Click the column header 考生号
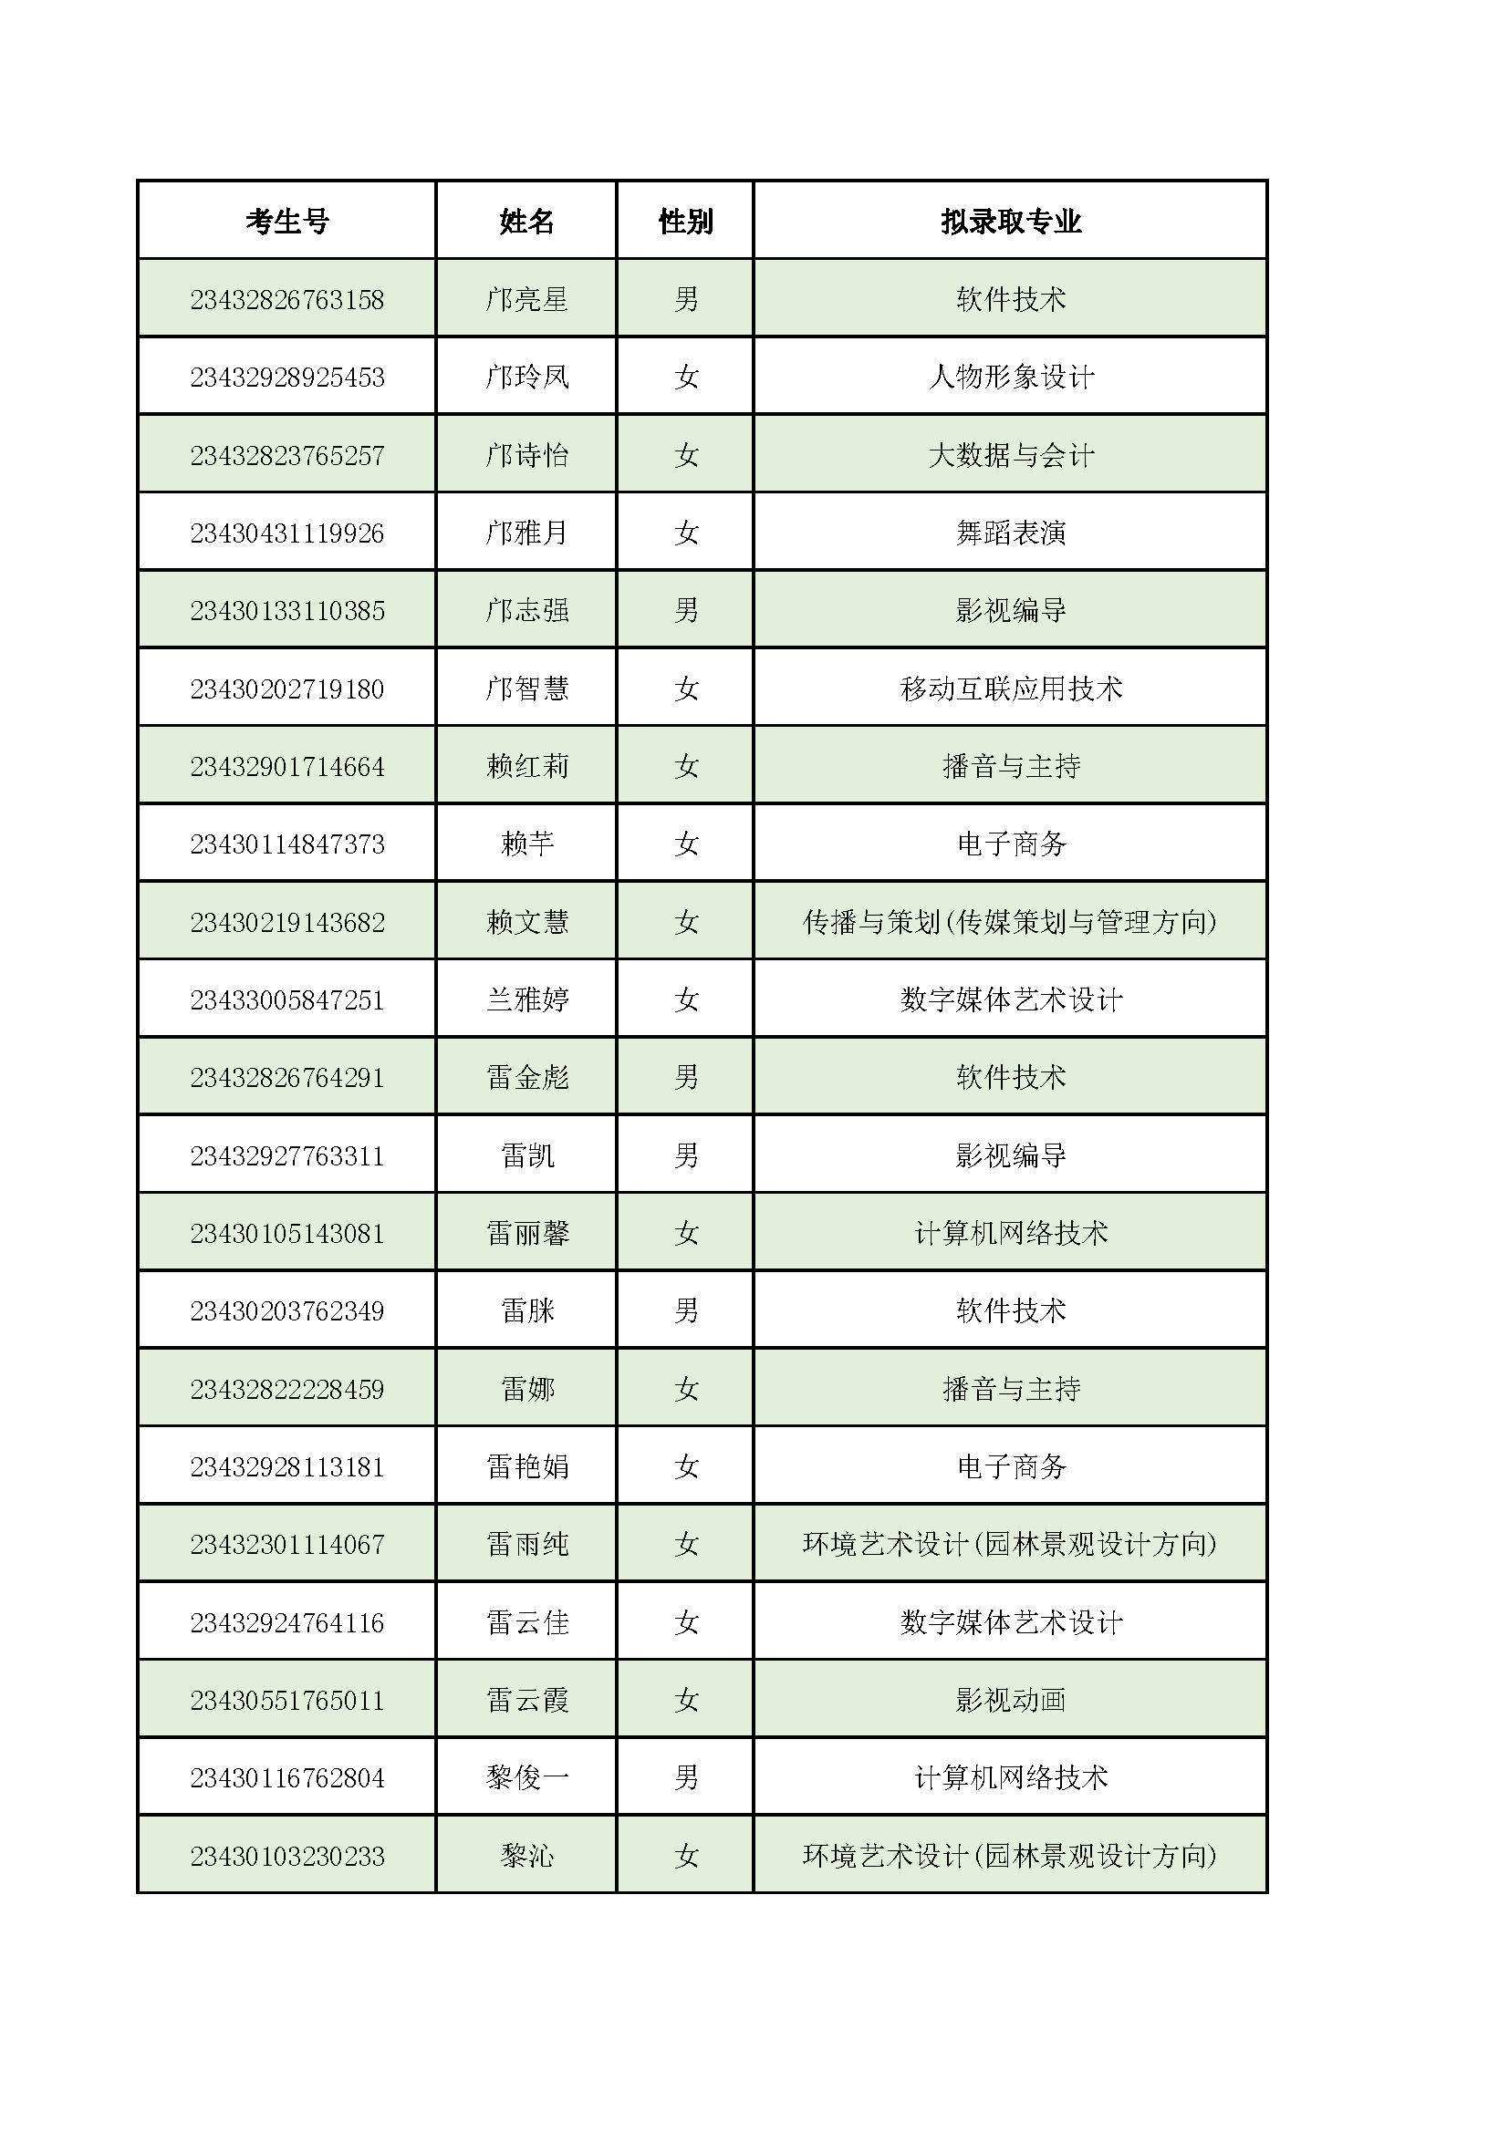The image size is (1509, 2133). pyautogui.click(x=287, y=221)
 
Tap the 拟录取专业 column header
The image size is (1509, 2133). pyautogui.click(x=1011, y=221)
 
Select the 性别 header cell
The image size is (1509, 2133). pyautogui.click(x=686, y=221)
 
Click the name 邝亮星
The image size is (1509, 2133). pyautogui.click(x=526, y=299)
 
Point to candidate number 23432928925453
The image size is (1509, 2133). pyautogui.click(x=287, y=378)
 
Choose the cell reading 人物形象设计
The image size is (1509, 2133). pyautogui.click(x=1011, y=378)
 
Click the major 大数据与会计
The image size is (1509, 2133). pyautogui.click(x=1011, y=455)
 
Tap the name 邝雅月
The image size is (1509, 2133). pyautogui.click(x=526, y=533)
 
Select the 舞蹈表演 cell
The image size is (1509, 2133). pyautogui.click(x=1011, y=533)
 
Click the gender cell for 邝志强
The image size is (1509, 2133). pyautogui.click(x=686, y=610)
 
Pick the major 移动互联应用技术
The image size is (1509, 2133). pyautogui.click(x=1011, y=689)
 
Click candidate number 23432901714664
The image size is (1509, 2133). pyautogui.click(x=287, y=766)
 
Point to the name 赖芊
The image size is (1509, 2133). pyautogui.click(x=526, y=844)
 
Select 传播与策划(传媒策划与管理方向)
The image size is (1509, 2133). pyautogui.click(x=1011, y=922)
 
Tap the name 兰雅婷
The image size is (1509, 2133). pyautogui.click(x=526, y=999)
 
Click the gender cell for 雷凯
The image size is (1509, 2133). pyautogui.click(x=686, y=1155)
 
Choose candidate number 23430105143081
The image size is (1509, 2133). pyautogui.click(x=287, y=1233)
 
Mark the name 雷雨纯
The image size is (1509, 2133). pyautogui.click(x=526, y=1544)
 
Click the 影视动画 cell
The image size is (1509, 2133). pyautogui.click(x=1011, y=1700)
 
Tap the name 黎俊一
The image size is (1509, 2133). pyautogui.click(x=526, y=1777)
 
